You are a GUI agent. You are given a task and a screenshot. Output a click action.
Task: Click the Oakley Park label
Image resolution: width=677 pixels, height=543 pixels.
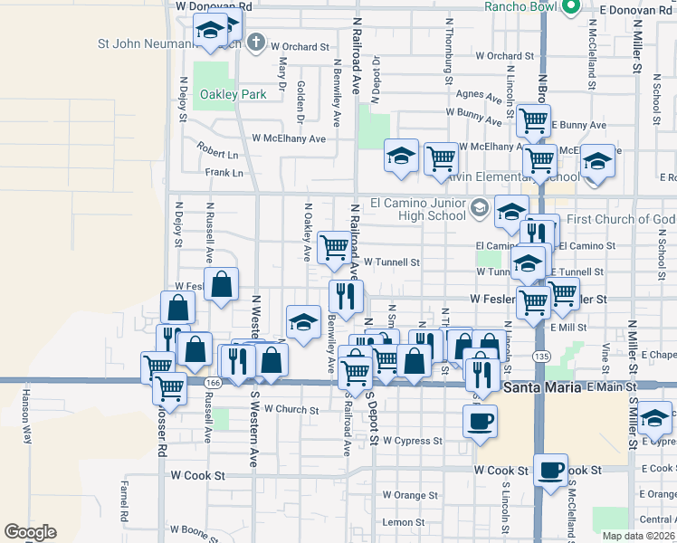point(233,94)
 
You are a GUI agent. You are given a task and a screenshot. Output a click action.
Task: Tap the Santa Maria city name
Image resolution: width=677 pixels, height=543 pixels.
point(541,387)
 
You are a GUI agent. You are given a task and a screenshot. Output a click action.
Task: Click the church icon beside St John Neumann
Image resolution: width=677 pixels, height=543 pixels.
point(256,42)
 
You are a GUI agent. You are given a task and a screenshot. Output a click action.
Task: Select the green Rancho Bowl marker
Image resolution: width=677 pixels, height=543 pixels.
point(570,7)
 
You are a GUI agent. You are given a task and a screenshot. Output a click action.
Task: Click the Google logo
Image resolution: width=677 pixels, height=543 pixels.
point(30,532)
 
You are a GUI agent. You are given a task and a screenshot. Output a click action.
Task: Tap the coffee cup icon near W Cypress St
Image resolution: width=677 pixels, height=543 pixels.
point(480,420)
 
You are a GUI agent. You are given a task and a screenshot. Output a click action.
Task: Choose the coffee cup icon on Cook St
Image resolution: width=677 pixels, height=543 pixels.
point(550,471)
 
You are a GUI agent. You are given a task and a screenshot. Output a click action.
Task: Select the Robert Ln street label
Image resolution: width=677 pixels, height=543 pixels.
point(220,153)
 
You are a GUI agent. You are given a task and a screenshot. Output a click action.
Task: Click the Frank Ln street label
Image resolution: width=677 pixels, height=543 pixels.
point(224,172)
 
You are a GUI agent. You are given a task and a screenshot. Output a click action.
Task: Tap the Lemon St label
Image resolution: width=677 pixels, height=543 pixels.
point(403,522)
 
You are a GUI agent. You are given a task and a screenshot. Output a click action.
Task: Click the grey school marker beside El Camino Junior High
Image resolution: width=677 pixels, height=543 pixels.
point(480,210)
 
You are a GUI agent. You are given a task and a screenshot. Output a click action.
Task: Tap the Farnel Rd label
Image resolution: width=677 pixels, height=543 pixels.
point(124,496)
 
